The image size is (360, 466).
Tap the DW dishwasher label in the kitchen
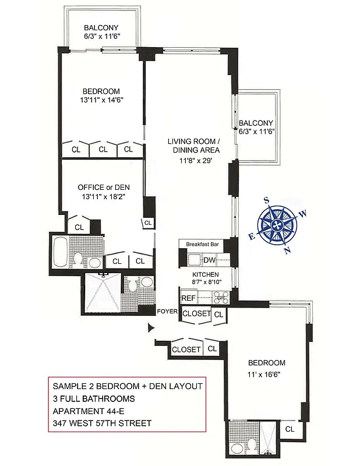pos(210,260)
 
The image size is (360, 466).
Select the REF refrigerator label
pos(188,298)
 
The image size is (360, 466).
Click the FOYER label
pos(167,312)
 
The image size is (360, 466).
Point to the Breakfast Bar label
pos(202,245)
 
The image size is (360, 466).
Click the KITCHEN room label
pos(206,274)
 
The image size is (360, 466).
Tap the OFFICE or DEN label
pos(103,187)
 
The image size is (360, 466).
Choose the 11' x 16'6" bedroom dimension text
pos(265,375)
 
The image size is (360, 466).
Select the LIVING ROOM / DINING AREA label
pos(193,146)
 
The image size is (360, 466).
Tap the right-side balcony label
pos(256,123)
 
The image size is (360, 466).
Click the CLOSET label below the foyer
pos(186,349)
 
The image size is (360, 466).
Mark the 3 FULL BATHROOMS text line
pos(94,398)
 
